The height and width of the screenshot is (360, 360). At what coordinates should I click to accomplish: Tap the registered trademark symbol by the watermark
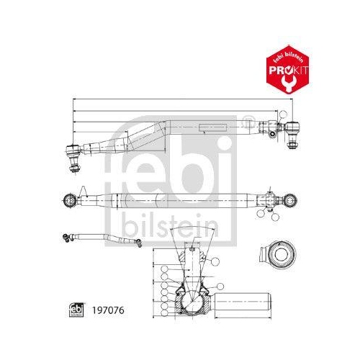[x=248, y=118]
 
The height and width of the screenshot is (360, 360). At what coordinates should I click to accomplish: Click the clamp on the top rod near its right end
[x=271, y=130]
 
